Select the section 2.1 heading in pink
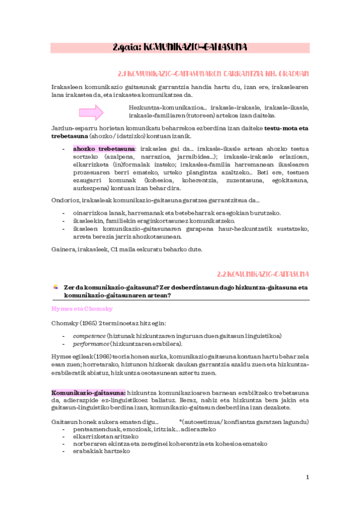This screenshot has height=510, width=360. point(213,73)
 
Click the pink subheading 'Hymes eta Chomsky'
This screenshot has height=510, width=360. point(78,308)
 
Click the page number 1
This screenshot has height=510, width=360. point(307,477)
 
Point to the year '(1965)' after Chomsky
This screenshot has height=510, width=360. point(94,323)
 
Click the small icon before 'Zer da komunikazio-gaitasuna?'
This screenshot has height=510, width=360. point(55,287)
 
